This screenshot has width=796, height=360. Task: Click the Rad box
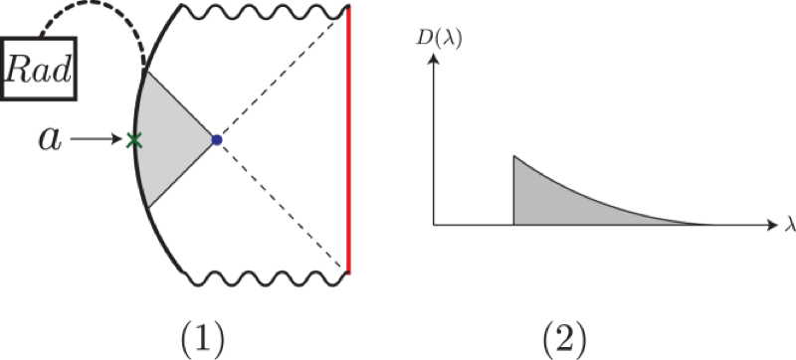click(x=39, y=68)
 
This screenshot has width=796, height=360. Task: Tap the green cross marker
click(x=133, y=140)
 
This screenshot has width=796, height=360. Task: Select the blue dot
click(x=217, y=140)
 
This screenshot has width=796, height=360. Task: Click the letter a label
click(x=51, y=139)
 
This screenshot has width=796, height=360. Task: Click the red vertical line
click(x=348, y=139)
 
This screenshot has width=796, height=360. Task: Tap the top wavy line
click(x=265, y=12)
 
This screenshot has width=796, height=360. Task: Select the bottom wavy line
click(x=265, y=278)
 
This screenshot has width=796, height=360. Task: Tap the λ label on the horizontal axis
click(x=790, y=224)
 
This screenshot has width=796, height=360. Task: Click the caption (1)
click(x=202, y=338)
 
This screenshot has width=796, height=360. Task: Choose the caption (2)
click(x=564, y=338)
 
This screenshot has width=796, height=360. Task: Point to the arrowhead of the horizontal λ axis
click(x=774, y=224)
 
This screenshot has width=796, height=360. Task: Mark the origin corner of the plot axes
click(x=434, y=224)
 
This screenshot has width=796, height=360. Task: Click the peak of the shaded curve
click(x=514, y=156)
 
